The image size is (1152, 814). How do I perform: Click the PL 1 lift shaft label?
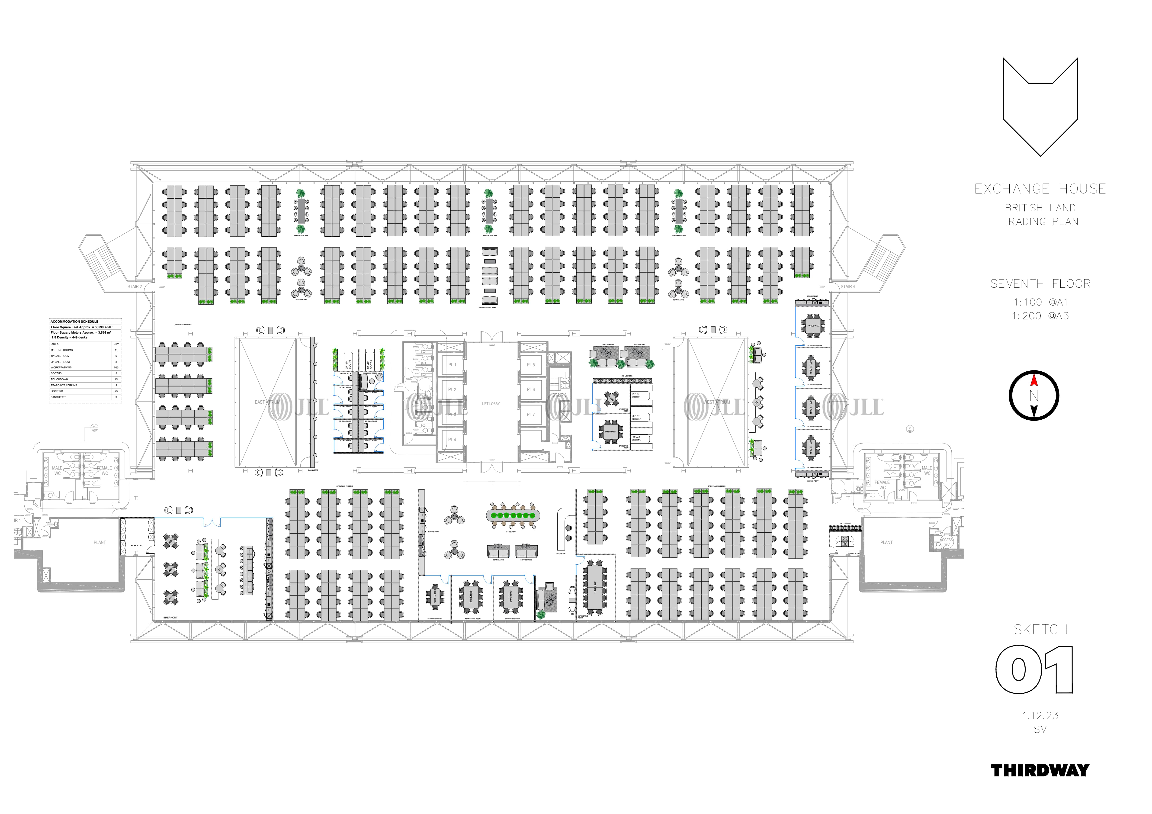pyautogui.click(x=452, y=365)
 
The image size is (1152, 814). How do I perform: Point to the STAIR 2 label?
pyautogui.click(x=135, y=286)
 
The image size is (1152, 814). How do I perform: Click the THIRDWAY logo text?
pyautogui.click(x=1040, y=770)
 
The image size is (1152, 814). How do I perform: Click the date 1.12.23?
pyautogui.click(x=1040, y=716)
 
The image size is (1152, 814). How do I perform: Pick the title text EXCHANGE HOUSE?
pyautogui.click(x=1040, y=189)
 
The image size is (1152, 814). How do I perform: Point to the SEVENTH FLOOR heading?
pyautogui.click(x=1040, y=284)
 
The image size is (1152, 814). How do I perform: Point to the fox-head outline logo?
pyautogui.click(x=1040, y=105)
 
